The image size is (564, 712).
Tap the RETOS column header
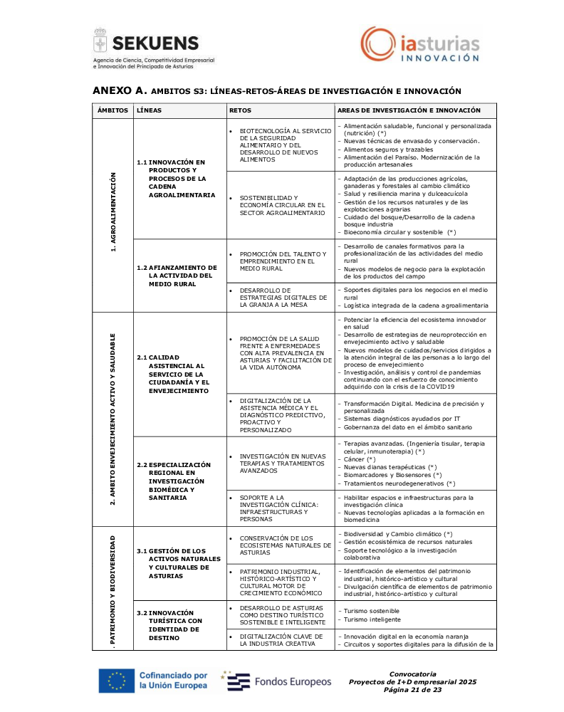click(x=240, y=110)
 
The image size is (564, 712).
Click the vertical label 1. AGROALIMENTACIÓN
click(x=113, y=213)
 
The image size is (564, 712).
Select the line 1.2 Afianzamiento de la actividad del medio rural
click(x=177, y=276)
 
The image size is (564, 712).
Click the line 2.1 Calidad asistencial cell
click(x=174, y=374)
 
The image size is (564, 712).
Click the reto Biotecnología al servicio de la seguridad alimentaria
click(x=281, y=145)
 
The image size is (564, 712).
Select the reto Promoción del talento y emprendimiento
click(x=283, y=261)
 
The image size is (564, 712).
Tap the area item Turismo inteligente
click(x=371, y=619)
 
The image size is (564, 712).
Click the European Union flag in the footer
click(x=115, y=680)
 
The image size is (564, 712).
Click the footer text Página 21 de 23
click(x=413, y=690)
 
